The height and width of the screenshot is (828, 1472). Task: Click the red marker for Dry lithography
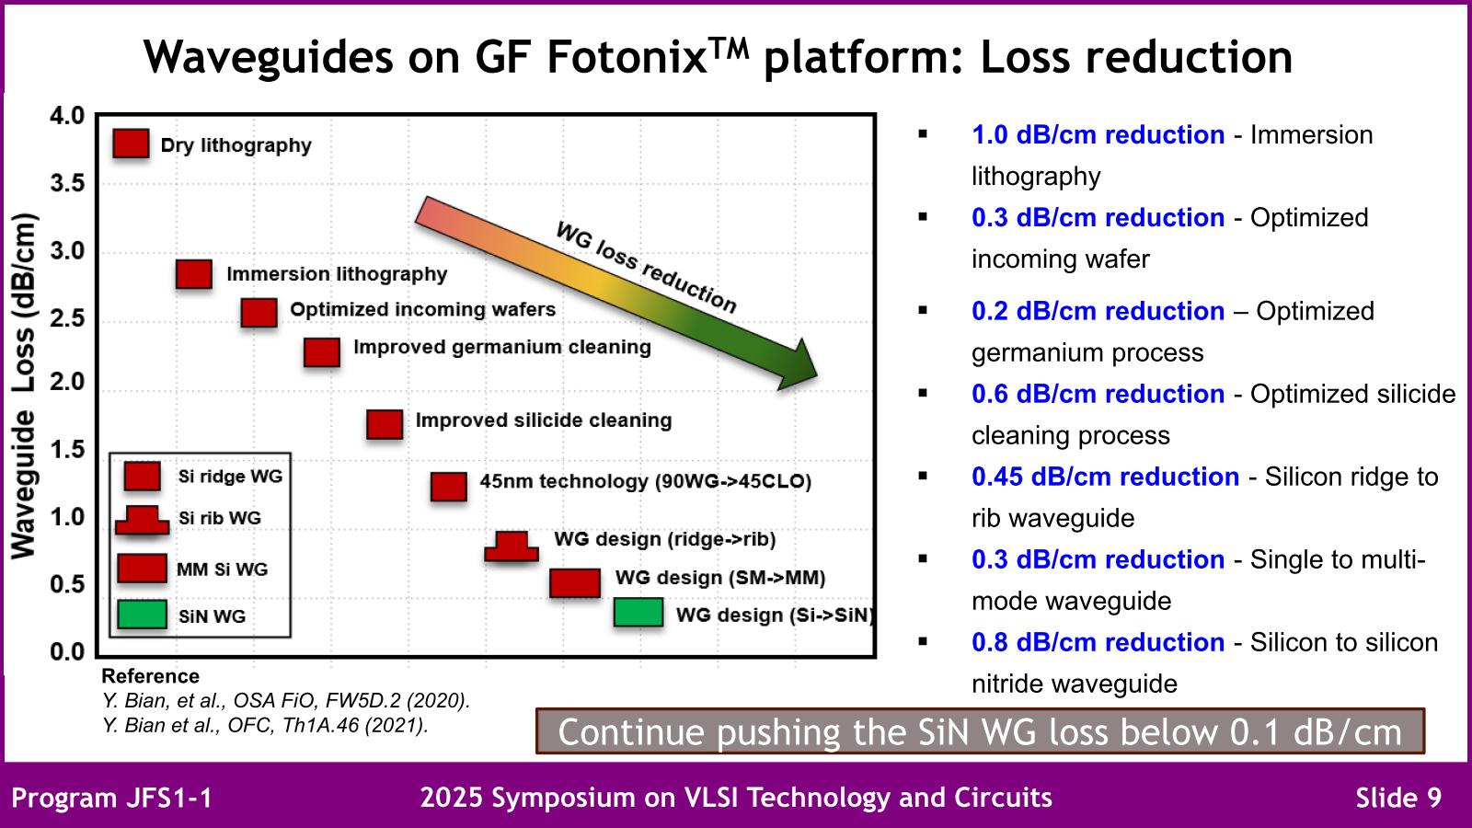pos(131,144)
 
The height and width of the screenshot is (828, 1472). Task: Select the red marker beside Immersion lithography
pos(193,273)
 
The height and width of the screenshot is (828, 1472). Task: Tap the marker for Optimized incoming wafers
pos(259,312)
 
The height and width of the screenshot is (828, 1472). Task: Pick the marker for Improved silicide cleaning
pos(385,424)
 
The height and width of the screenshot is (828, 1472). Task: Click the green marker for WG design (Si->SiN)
pos(638,612)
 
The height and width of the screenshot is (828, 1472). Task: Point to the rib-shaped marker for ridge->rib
pos(512,546)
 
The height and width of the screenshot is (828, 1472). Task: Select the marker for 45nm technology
pos(448,486)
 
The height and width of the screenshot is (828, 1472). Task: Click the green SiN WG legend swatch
pos(142,614)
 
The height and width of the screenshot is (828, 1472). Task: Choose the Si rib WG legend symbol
pos(142,521)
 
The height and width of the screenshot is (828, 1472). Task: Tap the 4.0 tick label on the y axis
pos(65,116)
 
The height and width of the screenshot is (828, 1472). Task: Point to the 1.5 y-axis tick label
pos(65,449)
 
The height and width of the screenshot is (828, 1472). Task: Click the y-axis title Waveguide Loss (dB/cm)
pos(23,386)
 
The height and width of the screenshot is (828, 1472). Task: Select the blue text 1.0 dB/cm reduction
pos(1098,134)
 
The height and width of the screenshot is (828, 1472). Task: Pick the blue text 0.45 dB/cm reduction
pos(1105,477)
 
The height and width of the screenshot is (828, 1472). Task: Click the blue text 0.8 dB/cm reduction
pos(1098,642)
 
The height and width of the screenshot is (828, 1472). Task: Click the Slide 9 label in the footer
pos(1398,797)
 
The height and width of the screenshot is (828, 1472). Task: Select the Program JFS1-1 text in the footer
pos(111,797)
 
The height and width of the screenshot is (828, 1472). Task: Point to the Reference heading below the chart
pos(150,676)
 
